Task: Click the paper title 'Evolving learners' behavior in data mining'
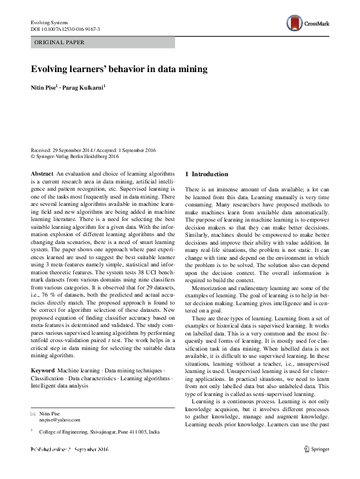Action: [x=119, y=69]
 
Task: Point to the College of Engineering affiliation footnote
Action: [x=99, y=433]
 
